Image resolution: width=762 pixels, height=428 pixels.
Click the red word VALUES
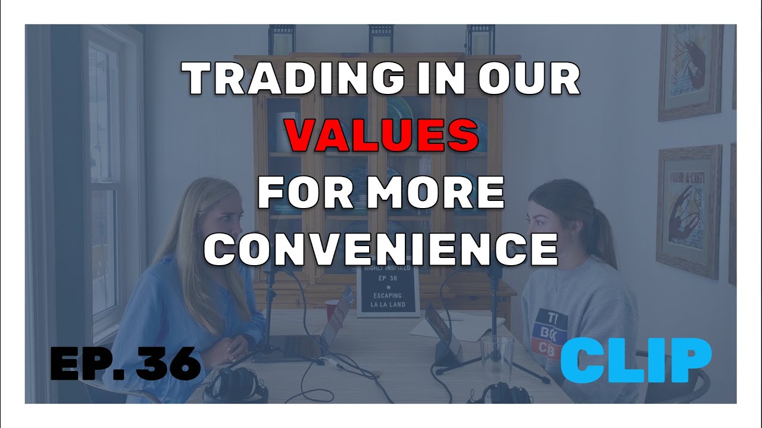(x=382, y=136)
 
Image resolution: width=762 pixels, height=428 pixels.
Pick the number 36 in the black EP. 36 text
(x=168, y=363)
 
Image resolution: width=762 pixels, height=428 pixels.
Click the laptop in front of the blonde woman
(x=310, y=333)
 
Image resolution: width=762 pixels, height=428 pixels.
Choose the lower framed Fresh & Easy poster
(x=689, y=211)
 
